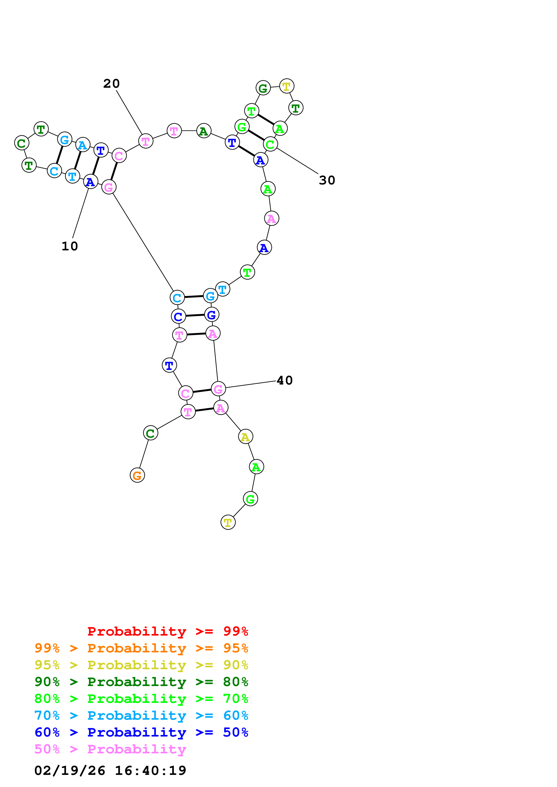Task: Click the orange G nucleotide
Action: click(x=137, y=475)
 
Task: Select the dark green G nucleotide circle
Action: click(x=263, y=88)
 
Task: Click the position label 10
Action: click(x=70, y=246)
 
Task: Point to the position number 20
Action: click(x=111, y=83)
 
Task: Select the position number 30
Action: click(x=327, y=180)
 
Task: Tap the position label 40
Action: click(x=284, y=380)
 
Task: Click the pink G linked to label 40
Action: click(x=218, y=389)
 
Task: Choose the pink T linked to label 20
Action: click(x=146, y=141)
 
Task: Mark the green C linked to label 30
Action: click(x=271, y=144)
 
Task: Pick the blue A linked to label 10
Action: click(x=91, y=182)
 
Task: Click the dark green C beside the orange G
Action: click(x=150, y=433)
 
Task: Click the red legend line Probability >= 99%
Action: click(x=167, y=631)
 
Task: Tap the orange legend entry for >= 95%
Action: click(x=141, y=648)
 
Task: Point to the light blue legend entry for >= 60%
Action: click(x=141, y=715)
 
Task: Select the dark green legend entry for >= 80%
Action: click(x=141, y=682)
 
